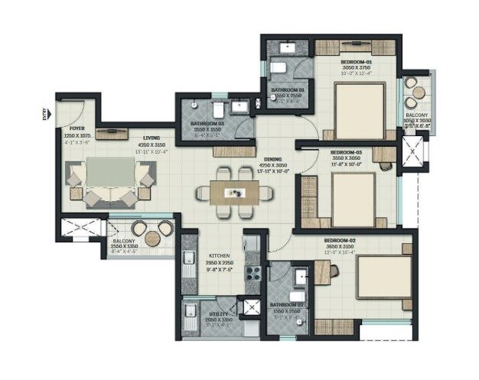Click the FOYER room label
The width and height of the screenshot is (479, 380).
[77, 128]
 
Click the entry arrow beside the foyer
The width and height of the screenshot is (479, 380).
[44, 114]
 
